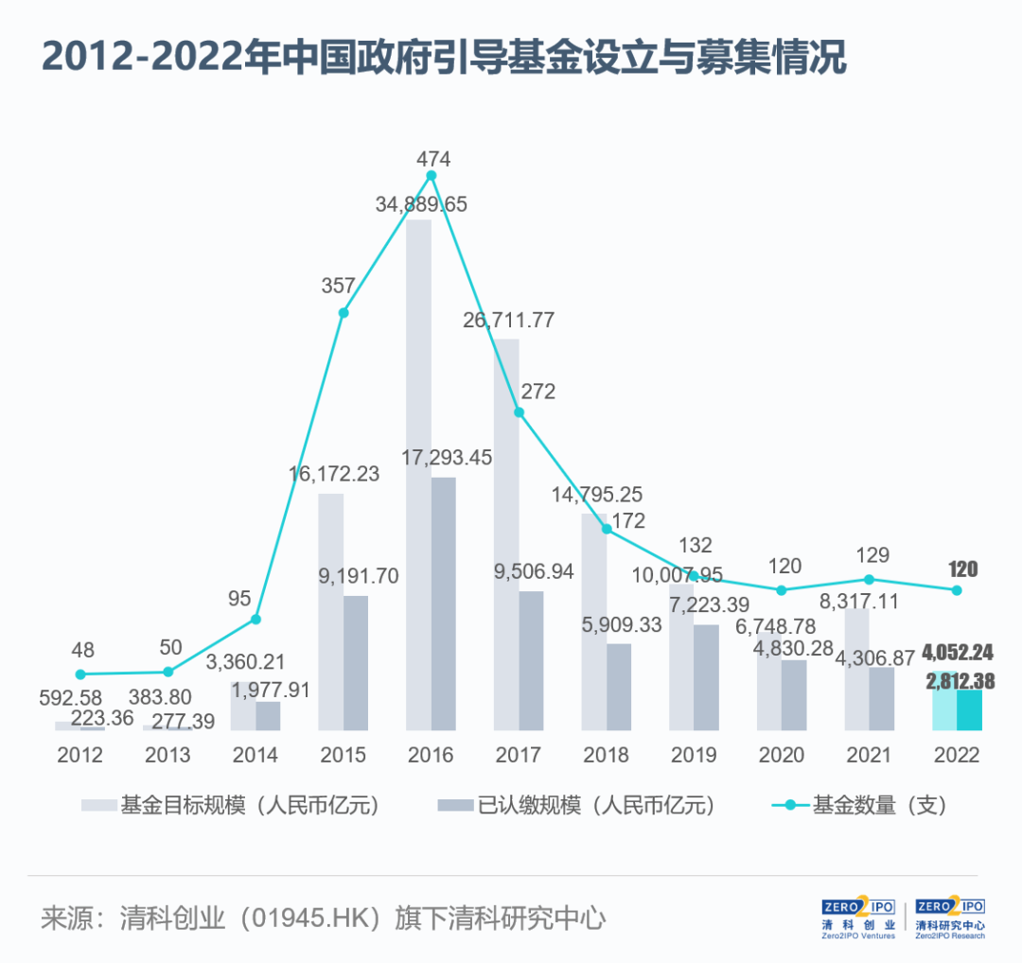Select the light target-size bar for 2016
coord(418,473)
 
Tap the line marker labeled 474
coord(432,175)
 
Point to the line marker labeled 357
coord(344,312)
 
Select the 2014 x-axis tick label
coord(255,756)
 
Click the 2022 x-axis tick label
coord(956,756)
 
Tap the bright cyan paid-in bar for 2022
coord(969,709)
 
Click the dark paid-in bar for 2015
coord(356,662)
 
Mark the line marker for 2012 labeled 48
coord(80,674)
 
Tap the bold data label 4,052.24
coord(959,653)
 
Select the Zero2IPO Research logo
coord(950,919)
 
